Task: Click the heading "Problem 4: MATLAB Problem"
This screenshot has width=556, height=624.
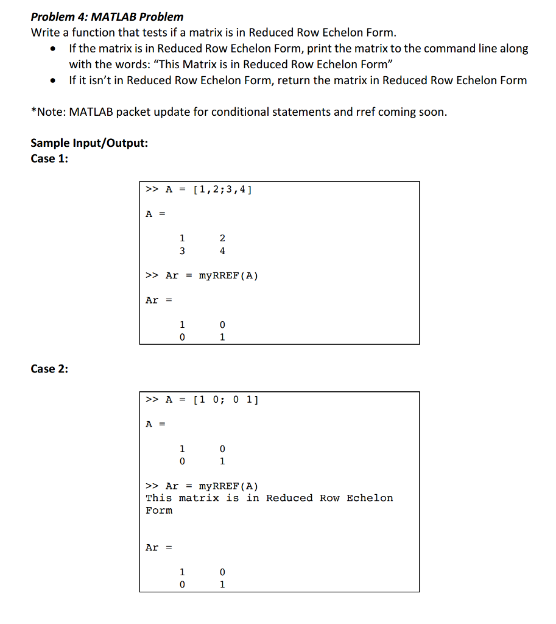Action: coord(107,16)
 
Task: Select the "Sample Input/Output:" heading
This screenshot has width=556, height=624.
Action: coord(89,143)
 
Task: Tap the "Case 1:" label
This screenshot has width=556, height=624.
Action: coord(49,158)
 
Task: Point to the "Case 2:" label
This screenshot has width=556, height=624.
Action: coord(49,369)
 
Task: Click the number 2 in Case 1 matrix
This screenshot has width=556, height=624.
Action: coord(222,238)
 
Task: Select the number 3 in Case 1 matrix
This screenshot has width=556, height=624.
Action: coord(181,251)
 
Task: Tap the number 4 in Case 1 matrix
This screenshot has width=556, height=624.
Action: coord(222,251)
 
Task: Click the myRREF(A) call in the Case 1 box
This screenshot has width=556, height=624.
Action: coord(228,275)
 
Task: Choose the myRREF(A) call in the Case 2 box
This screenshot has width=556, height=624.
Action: coord(228,486)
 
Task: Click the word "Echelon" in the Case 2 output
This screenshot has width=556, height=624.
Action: coord(370,498)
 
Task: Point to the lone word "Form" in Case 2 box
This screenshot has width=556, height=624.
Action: coord(159,511)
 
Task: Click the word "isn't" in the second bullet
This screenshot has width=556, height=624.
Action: coord(102,80)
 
